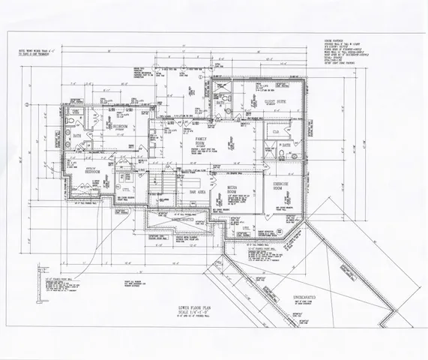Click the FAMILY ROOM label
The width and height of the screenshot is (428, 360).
coord(200,142)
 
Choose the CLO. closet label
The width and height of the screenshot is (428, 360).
coord(276,131)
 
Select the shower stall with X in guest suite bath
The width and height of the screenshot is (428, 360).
coord(221,85)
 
